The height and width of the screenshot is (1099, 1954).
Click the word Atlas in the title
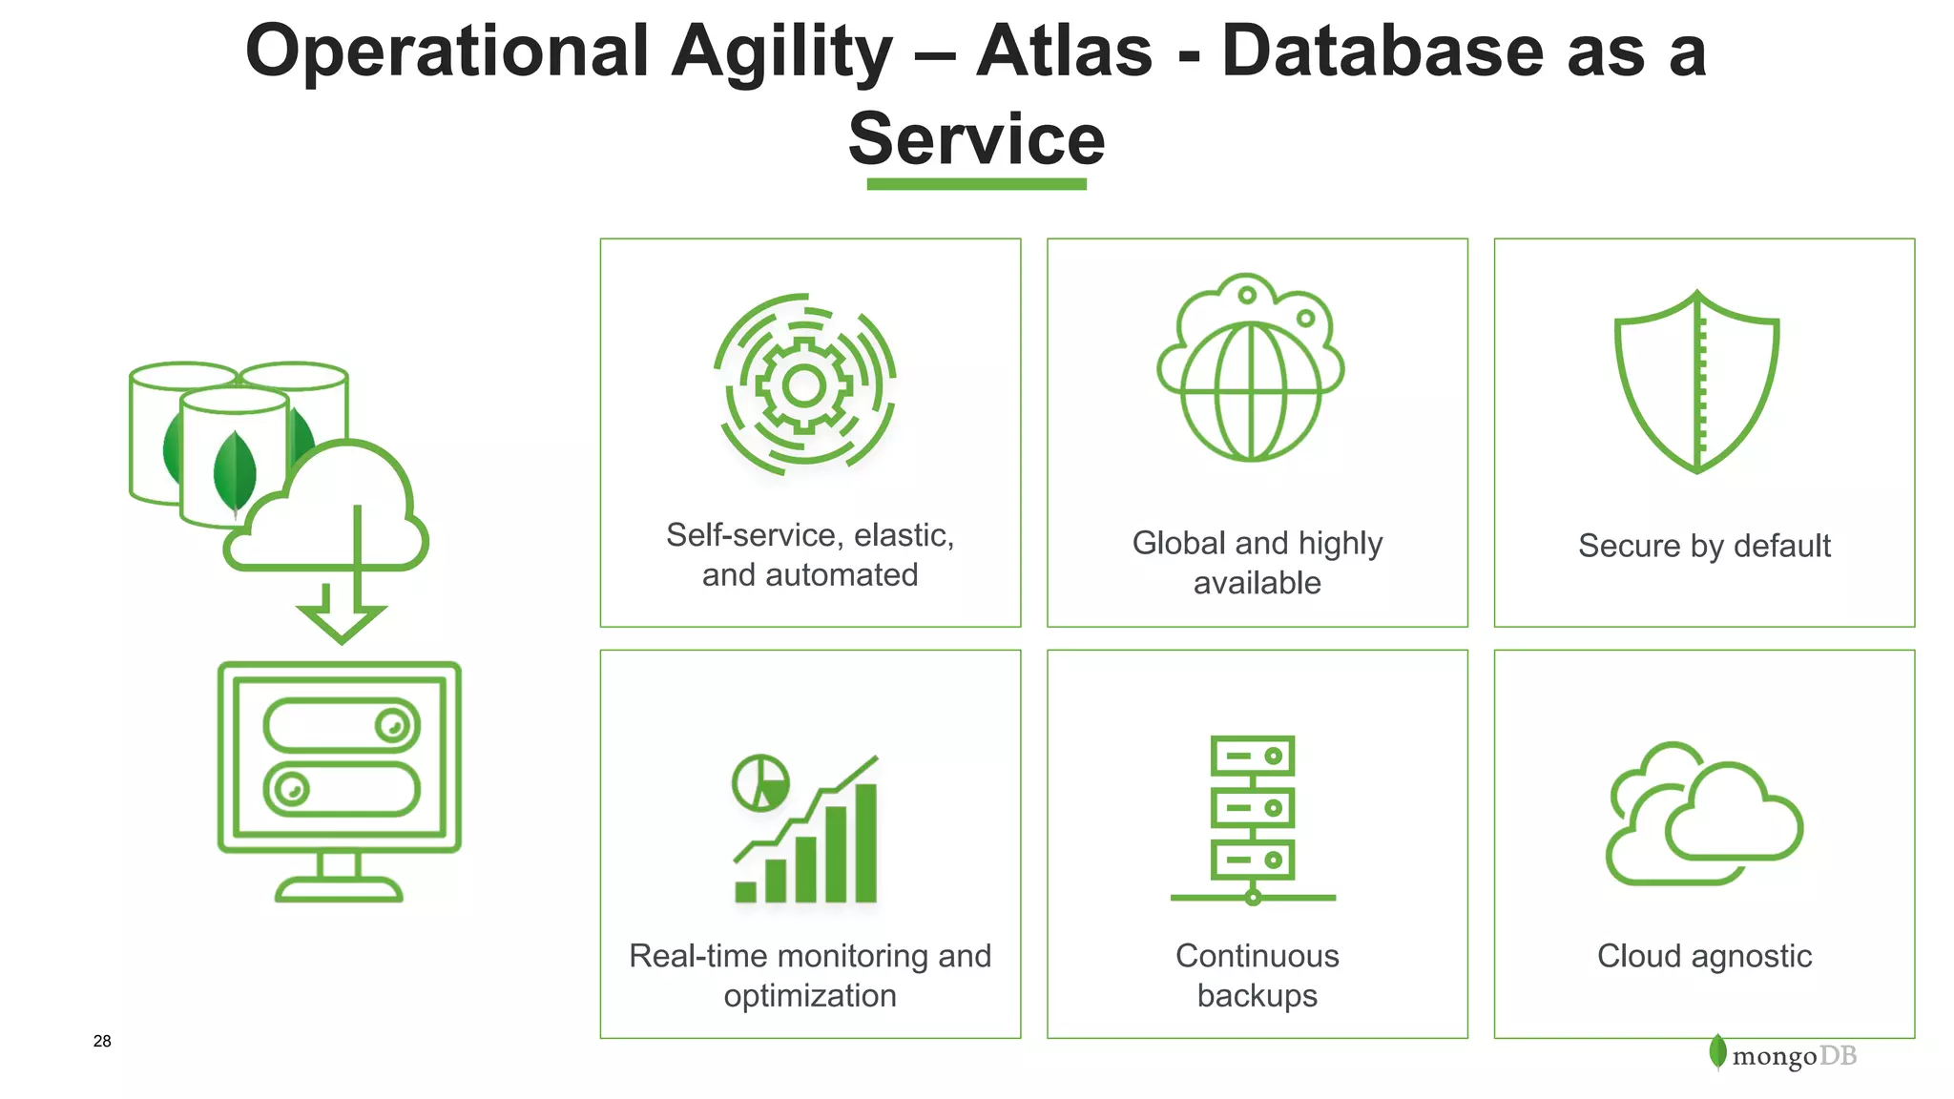(1064, 52)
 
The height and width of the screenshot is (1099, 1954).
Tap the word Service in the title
(976, 139)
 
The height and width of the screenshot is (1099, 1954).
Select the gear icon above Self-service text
(804, 384)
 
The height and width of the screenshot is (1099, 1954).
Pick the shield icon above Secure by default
(1696, 382)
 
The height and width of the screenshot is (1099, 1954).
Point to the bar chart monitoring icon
(807, 830)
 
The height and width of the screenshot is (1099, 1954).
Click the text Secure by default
(1704, 546)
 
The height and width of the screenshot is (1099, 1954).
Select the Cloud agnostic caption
(1704, 956)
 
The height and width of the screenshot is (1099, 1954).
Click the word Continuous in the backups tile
(1257, 956)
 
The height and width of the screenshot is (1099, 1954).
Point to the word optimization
(810, 996)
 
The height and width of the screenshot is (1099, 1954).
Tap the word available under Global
(1257, 583)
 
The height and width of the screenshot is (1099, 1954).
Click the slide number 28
(102, 1041)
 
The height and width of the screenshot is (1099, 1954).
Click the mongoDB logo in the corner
(1782, 1055)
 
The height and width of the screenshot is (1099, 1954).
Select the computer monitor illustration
(340, 778)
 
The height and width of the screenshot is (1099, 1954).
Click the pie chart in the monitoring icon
(760, 783)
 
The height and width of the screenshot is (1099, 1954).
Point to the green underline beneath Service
(976, 184)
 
